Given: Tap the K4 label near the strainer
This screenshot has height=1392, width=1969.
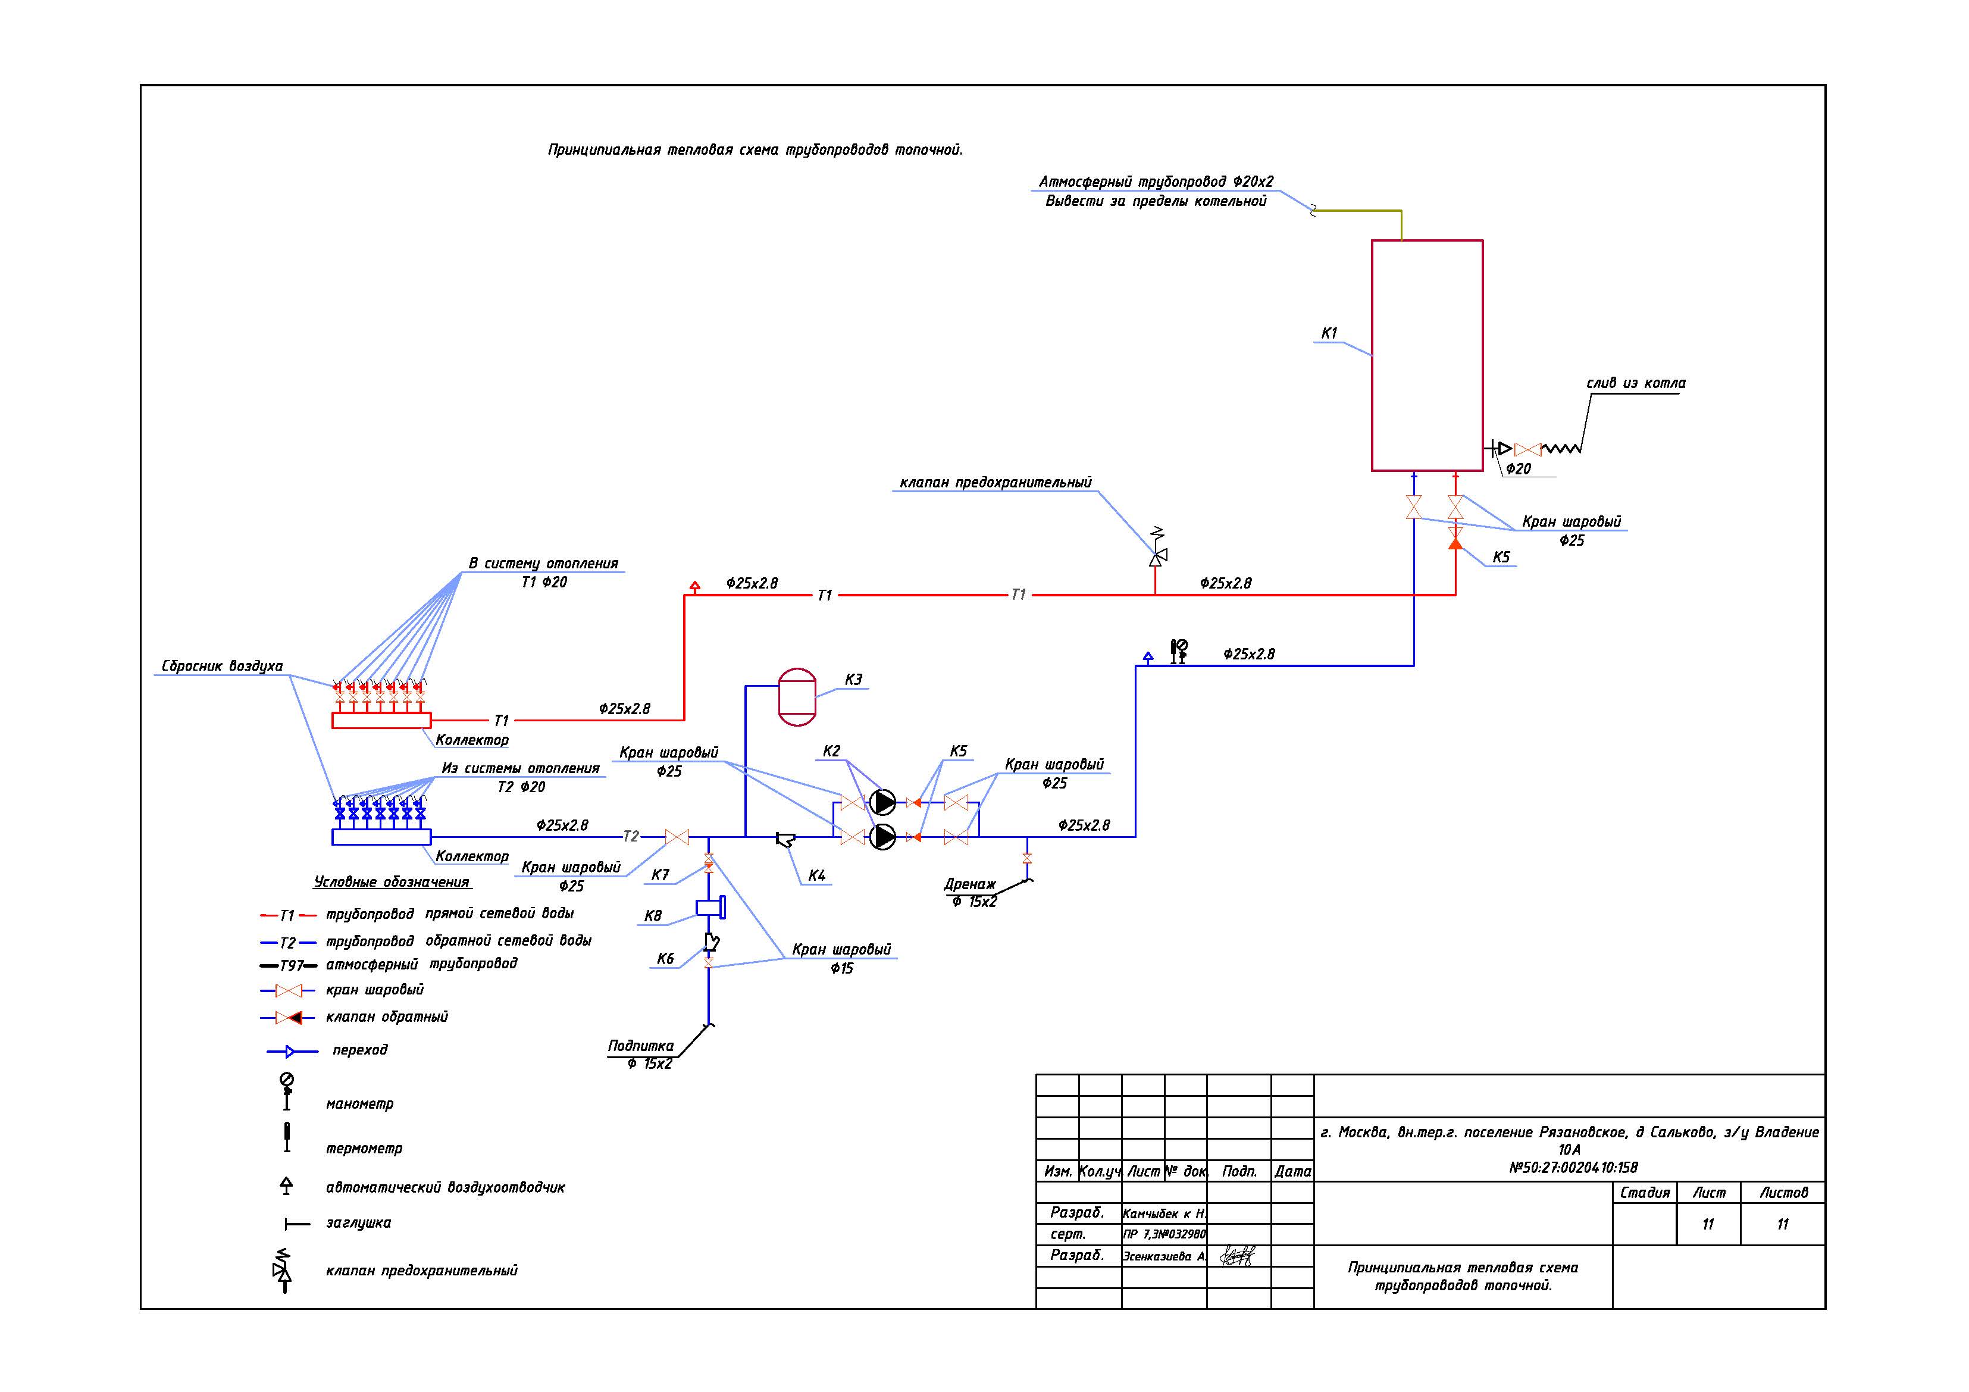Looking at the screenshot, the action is tap(816, 875).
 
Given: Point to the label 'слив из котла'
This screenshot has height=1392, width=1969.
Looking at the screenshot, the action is tap(1635, 383).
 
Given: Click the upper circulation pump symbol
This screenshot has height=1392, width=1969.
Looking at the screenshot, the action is tap(882, 802).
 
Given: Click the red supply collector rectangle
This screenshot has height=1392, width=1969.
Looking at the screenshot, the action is tap(381, 721).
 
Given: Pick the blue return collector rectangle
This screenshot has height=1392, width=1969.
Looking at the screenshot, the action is tap(381, 837).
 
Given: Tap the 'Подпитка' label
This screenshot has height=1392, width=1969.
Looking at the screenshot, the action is tap(641, 1046).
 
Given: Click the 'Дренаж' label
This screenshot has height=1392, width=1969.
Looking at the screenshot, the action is tap(970, 884).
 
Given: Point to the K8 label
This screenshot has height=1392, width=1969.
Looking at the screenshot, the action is tap(653, 916).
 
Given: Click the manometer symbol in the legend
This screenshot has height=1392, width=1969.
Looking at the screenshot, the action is tap(287, 1092).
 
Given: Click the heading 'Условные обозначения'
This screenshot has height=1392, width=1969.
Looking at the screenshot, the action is tap(392, 882).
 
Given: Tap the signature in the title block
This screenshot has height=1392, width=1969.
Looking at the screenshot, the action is tap(1237, 1256).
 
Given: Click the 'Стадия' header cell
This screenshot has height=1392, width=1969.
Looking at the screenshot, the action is tap(1645, 1192).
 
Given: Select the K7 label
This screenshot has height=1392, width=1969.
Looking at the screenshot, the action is tap(660, 875).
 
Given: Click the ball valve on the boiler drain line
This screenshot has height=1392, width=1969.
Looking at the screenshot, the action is tap(1527, 449).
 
